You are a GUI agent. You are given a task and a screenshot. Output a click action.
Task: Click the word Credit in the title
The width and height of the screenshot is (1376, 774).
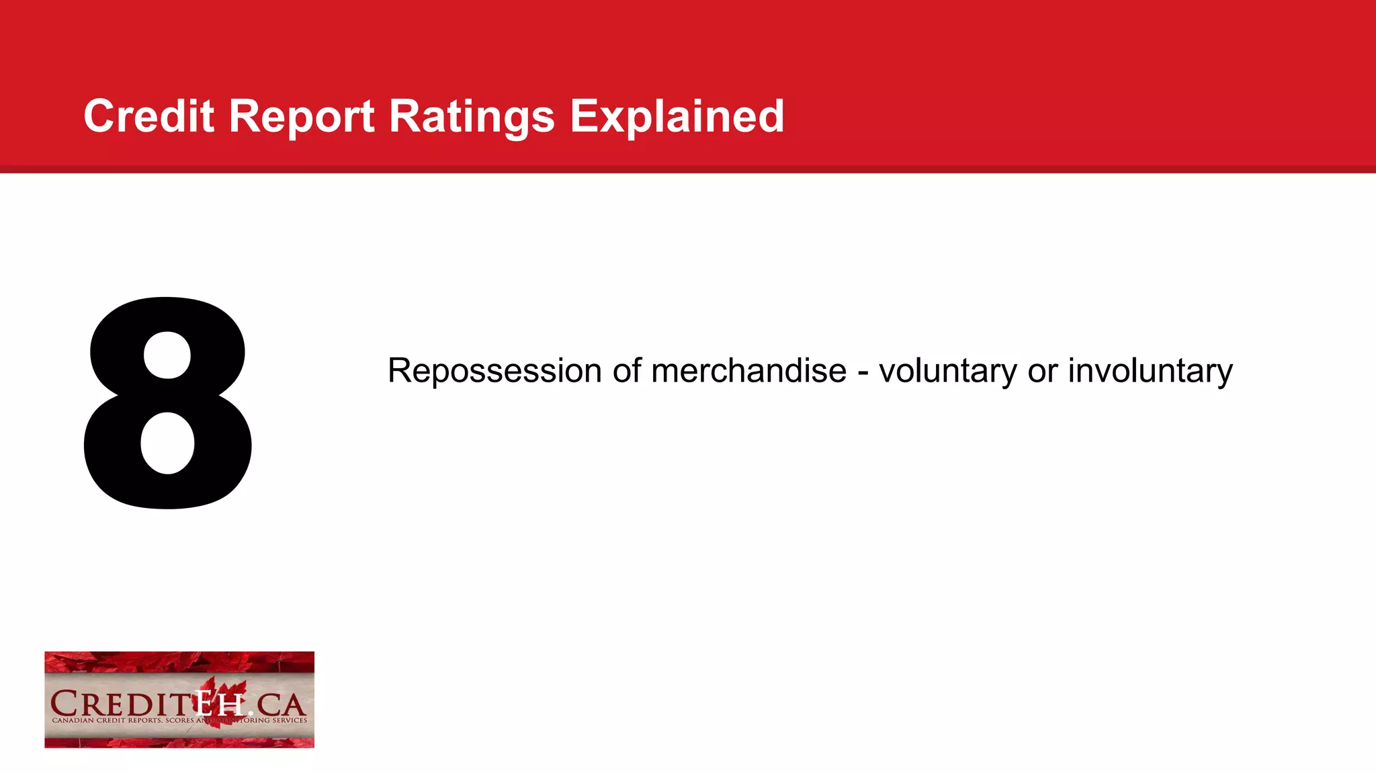(148, 116)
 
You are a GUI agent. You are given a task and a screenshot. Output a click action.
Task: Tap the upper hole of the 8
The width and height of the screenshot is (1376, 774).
(167, 356)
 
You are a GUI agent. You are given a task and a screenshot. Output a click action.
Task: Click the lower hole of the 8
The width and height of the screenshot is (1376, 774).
(167, 443)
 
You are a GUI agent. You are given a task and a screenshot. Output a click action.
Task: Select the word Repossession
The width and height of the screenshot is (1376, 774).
(494, 372)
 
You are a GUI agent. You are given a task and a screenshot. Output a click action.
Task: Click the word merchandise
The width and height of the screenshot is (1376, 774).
(748, 370)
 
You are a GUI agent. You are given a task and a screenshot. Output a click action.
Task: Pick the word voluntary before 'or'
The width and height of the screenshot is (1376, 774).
(948, 372)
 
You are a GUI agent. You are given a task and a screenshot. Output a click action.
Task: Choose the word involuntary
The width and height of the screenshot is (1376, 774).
(1150, 372)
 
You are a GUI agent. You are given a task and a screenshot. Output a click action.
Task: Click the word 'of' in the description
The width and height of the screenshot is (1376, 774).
(626, 370)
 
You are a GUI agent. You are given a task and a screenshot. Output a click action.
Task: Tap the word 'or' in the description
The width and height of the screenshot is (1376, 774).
(1043, 372)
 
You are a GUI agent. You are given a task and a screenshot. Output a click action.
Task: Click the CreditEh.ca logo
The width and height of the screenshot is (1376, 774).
(179, 699)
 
